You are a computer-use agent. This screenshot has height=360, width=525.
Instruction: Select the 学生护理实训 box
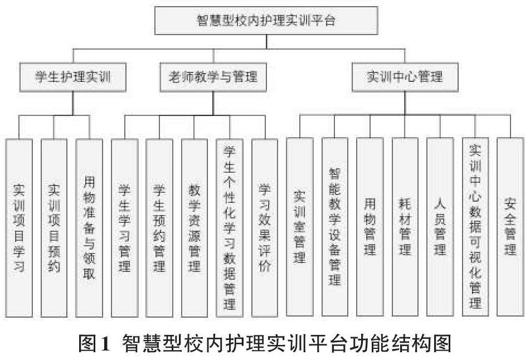tap(73, 77)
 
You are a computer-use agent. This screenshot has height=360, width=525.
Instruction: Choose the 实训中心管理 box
tap(405, 77)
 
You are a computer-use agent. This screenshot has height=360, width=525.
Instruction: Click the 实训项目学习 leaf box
tap(19, 227)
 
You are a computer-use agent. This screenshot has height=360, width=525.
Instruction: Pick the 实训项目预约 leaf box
tap(54, 227)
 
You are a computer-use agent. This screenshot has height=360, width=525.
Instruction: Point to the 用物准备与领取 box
tap(89, 227)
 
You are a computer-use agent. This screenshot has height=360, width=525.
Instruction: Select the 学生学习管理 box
tap(124, 227)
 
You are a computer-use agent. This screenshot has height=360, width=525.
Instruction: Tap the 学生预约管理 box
tap(159, 227)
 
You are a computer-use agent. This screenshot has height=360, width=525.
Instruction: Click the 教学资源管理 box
tap(195, 227)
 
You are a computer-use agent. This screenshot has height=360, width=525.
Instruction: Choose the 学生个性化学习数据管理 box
tap(230, 227)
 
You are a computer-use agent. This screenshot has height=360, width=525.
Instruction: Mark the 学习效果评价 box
tap(264, 227)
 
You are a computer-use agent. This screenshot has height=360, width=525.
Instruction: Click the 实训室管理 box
tap(300, 227)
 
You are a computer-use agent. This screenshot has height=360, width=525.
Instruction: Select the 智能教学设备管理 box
tap(335, 227)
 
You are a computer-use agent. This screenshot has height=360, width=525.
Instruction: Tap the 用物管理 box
tap(370, 227)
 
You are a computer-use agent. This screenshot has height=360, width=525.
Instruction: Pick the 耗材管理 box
tap(405, 227)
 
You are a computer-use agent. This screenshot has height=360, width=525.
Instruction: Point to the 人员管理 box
tap(440, 227)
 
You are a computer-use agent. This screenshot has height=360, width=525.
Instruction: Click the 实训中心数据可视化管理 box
tap(475, 227)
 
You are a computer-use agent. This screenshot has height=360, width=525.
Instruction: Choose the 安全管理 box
tap(510, 227)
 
